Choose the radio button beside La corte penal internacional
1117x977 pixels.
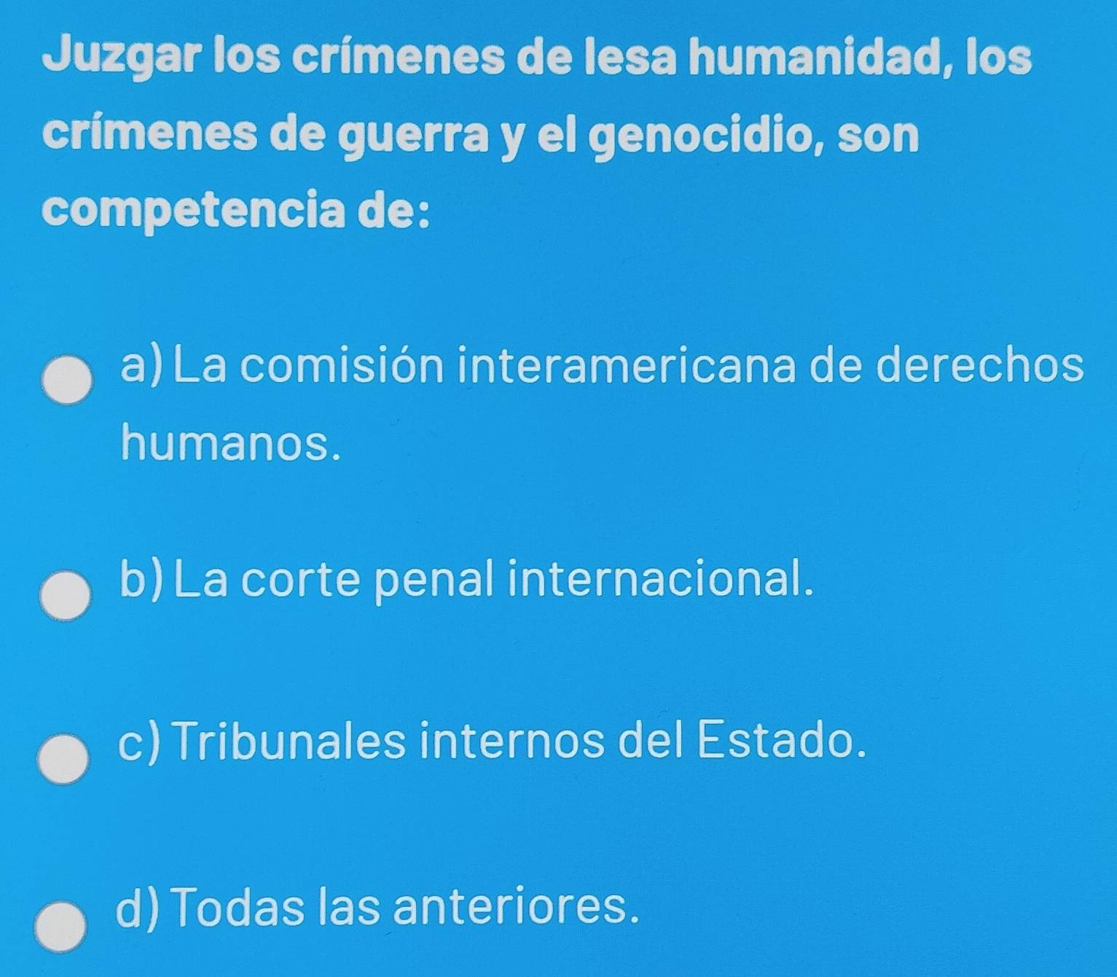pyautogui.click(x=65, y=596)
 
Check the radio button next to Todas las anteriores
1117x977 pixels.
pyautogui.click(x=62, y=928)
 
